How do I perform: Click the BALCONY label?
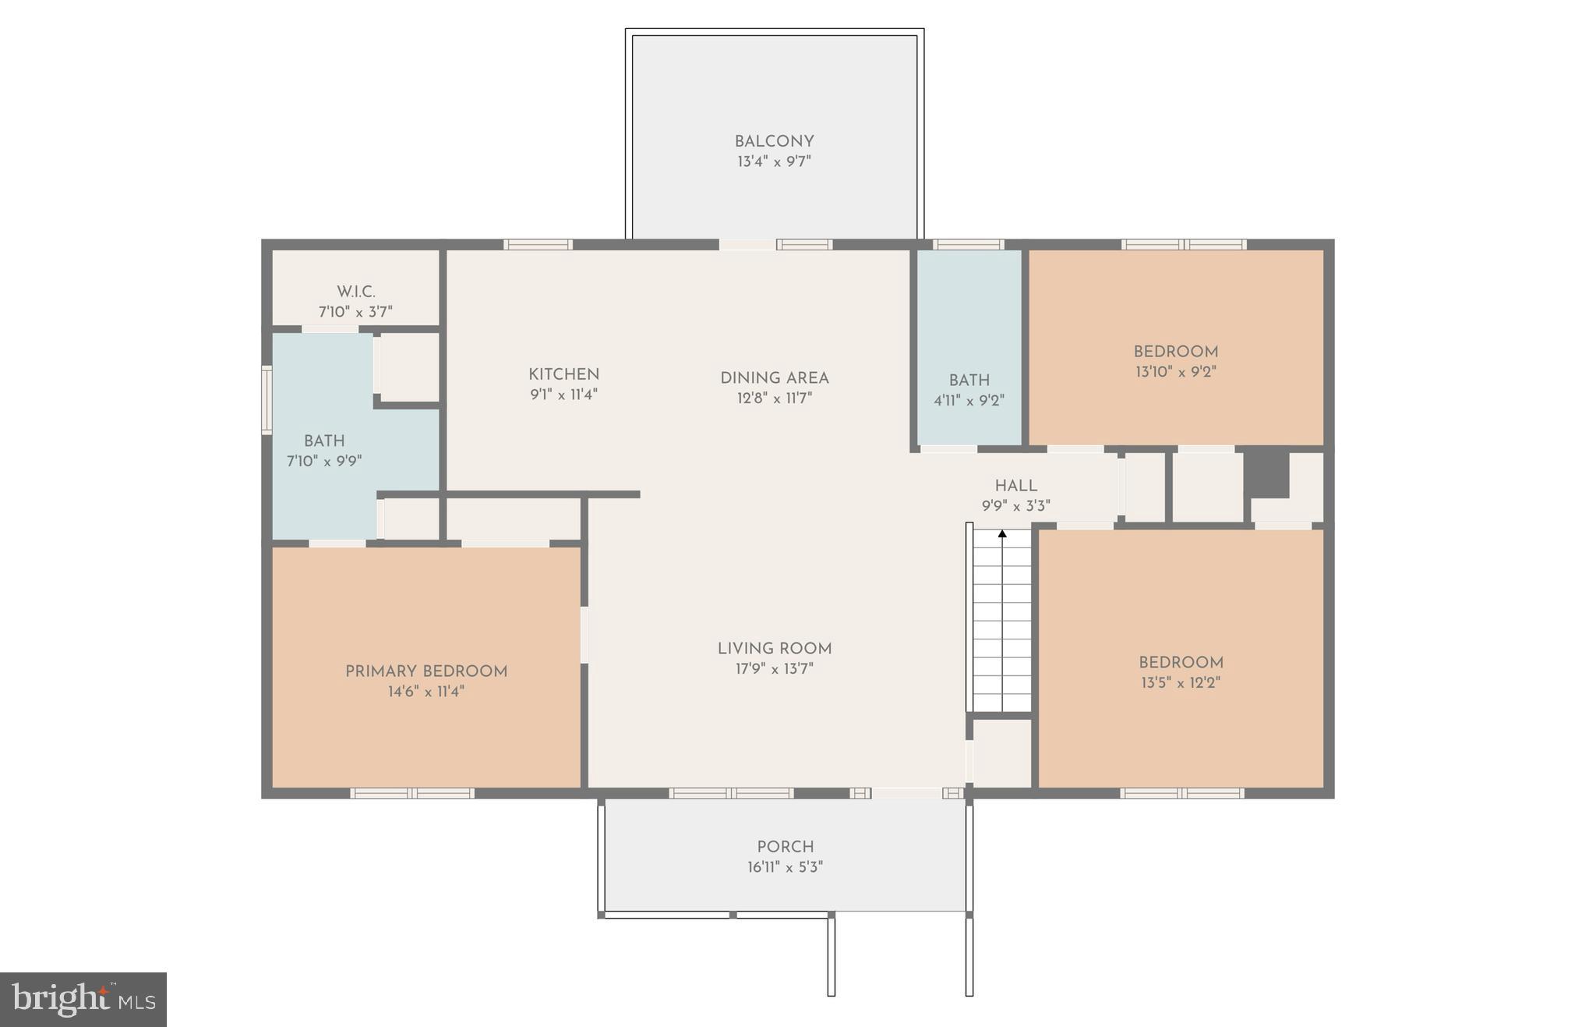coord(774,142)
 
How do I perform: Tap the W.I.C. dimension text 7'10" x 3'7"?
coord(355,312)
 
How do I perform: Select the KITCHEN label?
coord(563,374)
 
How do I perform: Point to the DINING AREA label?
coord(774,378)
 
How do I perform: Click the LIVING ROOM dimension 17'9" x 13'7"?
coord(774,668)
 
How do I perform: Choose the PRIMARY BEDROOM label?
coord(426,671)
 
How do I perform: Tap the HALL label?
coord(1015,486)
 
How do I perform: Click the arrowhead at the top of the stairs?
coord(1002,534)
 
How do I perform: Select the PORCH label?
coord(785,847)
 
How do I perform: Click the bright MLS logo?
coord(83,999)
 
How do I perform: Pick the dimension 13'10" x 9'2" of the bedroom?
coord(1175,372)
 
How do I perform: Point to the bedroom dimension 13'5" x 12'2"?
coord(1181,683)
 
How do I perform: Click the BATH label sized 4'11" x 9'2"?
coord(969,381)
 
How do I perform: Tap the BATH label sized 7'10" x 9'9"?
coord(324,441)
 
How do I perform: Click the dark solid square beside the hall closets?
coord(1266,472)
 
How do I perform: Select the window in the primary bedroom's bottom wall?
coord(412,793)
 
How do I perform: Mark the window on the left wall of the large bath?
coord(267,400)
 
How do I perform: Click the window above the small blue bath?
coord(968,244)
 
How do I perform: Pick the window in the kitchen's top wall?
coord(538,244)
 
